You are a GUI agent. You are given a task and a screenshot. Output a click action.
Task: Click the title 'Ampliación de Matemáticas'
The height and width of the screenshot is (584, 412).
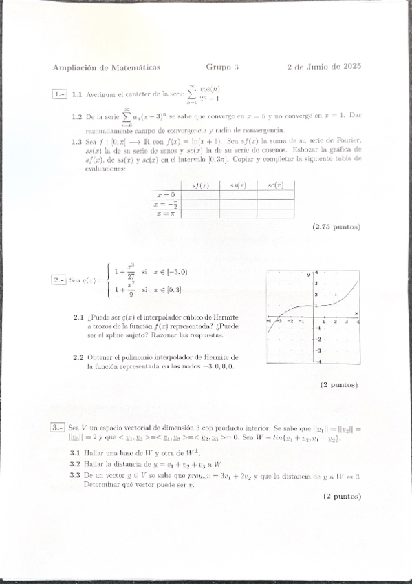[106, 67]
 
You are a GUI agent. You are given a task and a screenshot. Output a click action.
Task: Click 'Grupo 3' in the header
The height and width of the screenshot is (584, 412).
[222, 67]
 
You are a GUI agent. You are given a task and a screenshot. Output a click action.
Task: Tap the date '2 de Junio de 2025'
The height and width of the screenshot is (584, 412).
[324, 67]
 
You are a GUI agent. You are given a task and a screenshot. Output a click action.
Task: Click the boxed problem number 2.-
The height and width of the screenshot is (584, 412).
[59, 280]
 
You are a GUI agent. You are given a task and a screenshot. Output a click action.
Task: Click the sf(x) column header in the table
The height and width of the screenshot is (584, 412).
[200, 185]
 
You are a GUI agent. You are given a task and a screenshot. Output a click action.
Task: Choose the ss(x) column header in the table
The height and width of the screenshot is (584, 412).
[239, 185]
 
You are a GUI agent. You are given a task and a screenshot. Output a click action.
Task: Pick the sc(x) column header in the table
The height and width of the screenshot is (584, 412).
[276, 185]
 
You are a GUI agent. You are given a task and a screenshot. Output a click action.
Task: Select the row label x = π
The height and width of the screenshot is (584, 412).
[166, 213]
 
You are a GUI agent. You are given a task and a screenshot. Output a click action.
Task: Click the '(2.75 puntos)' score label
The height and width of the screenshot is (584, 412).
[336, 227]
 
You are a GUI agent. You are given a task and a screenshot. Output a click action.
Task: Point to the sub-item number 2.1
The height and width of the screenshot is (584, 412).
[78, 317]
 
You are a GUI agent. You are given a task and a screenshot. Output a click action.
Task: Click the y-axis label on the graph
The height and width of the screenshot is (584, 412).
[309, 274]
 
